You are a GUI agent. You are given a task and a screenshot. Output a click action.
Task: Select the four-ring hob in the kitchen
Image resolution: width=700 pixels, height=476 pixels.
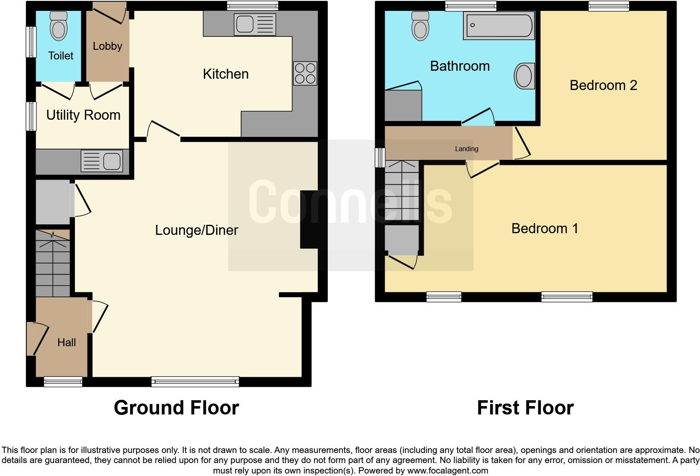(x=305, y=73)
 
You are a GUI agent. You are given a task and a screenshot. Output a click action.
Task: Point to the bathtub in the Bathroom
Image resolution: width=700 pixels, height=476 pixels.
(x=499, y=26)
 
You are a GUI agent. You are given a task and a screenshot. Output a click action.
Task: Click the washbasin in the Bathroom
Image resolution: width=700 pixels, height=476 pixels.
(x=524, y=76)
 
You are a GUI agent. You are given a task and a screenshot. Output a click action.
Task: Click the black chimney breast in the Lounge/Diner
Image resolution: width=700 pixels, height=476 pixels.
(x=309, y=219)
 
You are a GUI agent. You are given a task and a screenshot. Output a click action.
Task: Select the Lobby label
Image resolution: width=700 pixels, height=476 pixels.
(x=108, y=46)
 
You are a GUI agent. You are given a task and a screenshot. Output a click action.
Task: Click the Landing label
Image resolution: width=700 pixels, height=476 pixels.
(x=466, y=149)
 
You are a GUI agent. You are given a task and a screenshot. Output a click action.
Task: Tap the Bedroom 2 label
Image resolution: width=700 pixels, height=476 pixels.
(x=603, y=85)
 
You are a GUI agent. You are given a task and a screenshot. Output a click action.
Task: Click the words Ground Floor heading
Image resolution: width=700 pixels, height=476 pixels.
(x=176, y=408)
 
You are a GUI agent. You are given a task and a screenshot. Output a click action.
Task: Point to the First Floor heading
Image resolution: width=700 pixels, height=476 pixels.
(x=525, y=408)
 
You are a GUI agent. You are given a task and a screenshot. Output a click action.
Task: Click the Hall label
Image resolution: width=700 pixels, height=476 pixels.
(x=67, y=342)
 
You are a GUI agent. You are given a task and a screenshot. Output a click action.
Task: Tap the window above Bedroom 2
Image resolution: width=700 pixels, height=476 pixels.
(x=608, y=5)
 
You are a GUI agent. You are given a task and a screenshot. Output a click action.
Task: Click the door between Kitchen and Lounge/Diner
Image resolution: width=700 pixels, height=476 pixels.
(x=164, y=129)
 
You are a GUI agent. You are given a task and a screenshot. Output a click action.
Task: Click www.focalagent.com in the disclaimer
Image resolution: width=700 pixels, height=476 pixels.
(x=448, y=471)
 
